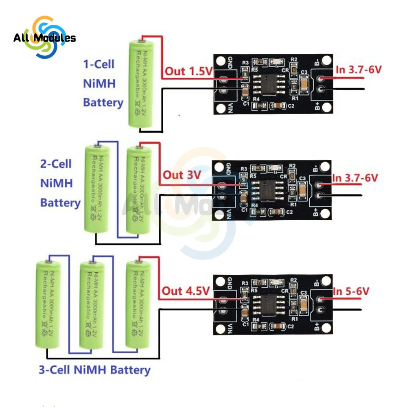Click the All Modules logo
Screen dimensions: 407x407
pos(44,37)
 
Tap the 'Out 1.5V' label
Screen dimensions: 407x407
pos(188,72)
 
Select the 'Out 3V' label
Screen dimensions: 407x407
pos(182,175)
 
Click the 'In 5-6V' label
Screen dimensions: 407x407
pos(351,291)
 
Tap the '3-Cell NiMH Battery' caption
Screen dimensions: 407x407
pos(94,370)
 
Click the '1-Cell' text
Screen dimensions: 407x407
pos(98,64)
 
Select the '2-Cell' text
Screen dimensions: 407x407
pos(56,164)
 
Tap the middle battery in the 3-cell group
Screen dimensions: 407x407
pos(92,305)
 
